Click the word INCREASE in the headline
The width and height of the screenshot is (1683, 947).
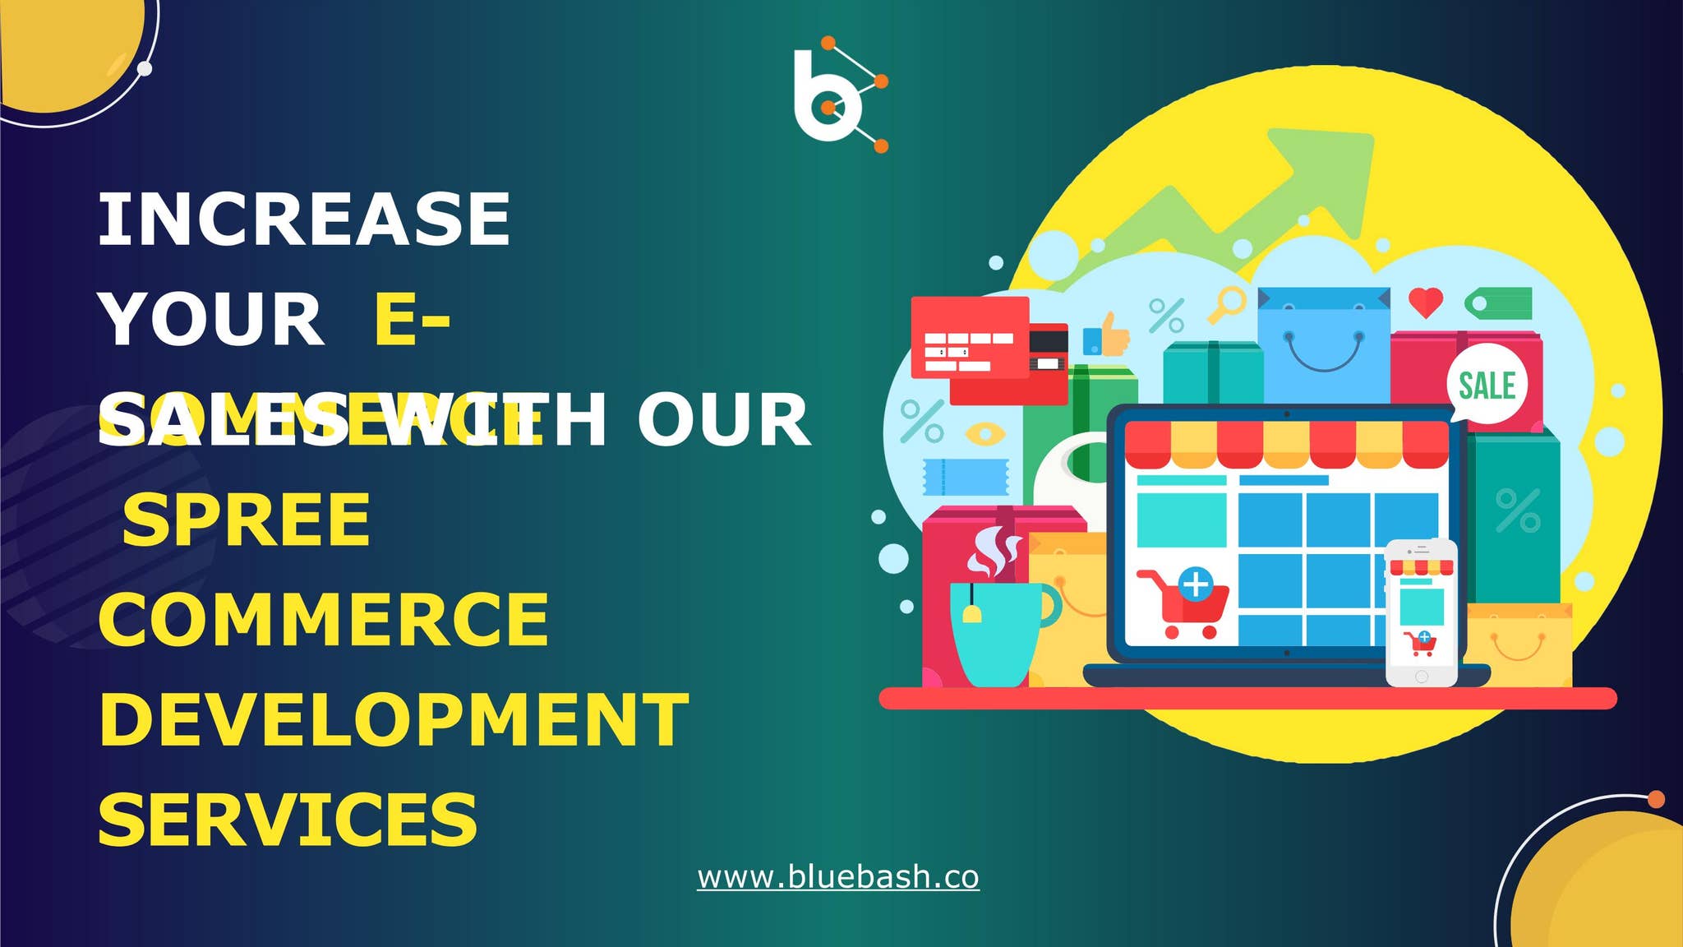point(304,219)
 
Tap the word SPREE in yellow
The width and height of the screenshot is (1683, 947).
point(247,520)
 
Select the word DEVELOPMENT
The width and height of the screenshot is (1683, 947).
point(393,720)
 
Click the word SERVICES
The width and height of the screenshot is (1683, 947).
point(288,820)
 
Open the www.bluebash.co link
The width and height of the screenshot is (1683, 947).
point(837,877)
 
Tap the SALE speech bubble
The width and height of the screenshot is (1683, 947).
point(1487,385)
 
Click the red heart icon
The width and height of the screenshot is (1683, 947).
point(1425,302)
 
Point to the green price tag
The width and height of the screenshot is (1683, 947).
point(1499,303)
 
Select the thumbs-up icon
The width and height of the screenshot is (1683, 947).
point(1107,335)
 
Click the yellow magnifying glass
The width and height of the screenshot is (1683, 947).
point(1227,304)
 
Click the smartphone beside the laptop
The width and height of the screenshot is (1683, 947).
point(1421,612)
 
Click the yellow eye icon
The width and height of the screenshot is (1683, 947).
point(984,433)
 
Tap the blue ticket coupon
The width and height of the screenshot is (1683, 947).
point(966,477)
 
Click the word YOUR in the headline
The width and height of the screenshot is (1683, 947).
point(211,320)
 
